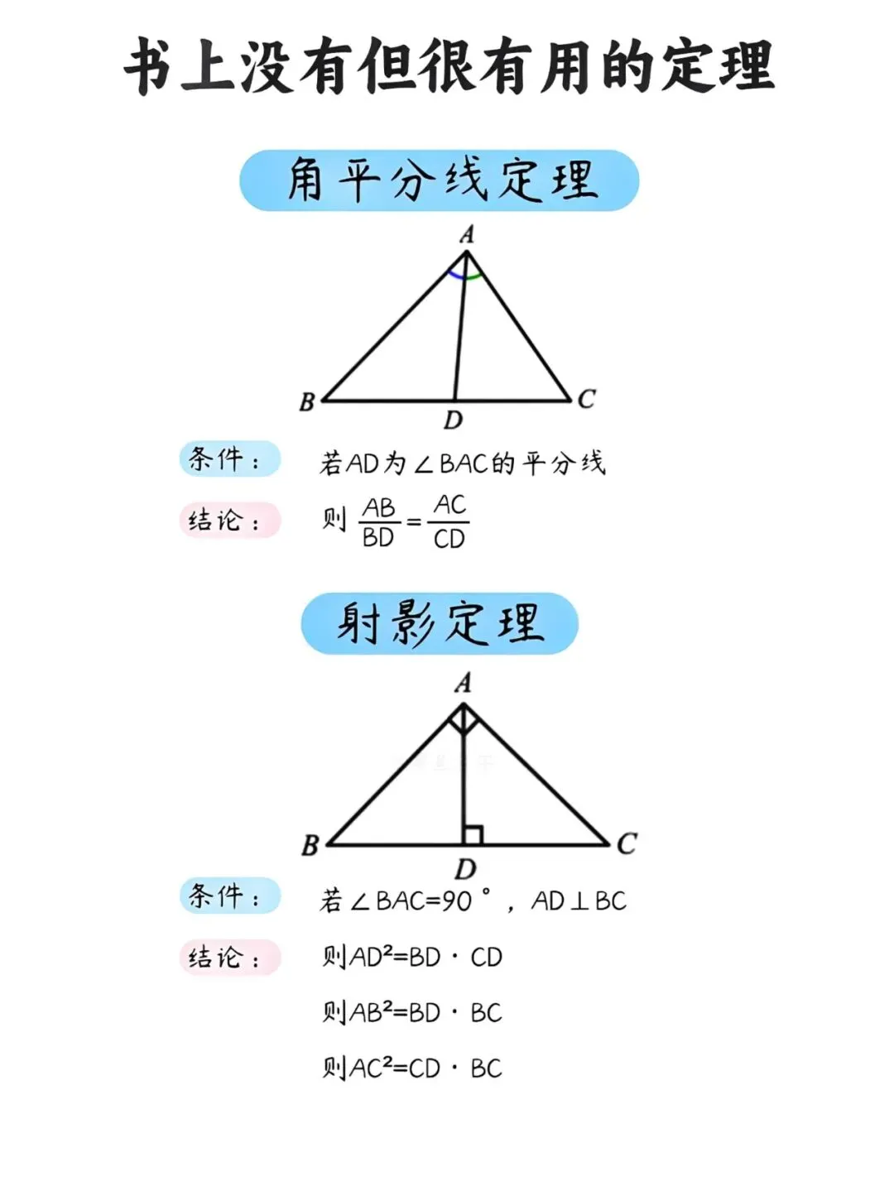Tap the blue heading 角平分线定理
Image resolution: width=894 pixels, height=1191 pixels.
[x=440, y=180]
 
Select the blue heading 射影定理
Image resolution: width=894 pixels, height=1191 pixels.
[x=440, y=623]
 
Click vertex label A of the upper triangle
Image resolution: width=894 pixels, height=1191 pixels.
[x=467, y=235]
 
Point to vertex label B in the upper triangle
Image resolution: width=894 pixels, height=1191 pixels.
[x=307, y=402]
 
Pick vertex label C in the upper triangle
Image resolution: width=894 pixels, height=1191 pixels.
[x=586, y=399]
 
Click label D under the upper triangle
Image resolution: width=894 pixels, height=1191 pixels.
[x=453, y=420]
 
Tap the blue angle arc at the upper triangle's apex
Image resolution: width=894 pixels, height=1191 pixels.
[x=454, y=274]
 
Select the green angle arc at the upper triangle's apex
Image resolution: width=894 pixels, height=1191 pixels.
[x=473, y=276]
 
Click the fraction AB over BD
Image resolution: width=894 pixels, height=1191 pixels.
[x=379, y=522]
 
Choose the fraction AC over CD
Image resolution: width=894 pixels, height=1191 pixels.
[x=449, y=521]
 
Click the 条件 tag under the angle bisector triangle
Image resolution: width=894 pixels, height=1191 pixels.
[x=229, y=459]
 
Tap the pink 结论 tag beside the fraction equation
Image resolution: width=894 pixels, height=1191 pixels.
[x=229, y=521]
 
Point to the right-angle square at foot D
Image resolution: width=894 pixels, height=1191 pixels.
[x=473, y=835]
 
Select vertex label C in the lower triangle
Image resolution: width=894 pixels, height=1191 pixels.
[x=627, y=843]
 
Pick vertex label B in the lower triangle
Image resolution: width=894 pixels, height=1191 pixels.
[x=310, y=846]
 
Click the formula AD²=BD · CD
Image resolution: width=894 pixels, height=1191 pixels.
[x=412, y=957]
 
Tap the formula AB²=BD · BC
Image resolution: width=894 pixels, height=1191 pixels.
[x=412, y=1012]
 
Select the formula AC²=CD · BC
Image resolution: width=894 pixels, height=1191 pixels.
[x=412, y=1068]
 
